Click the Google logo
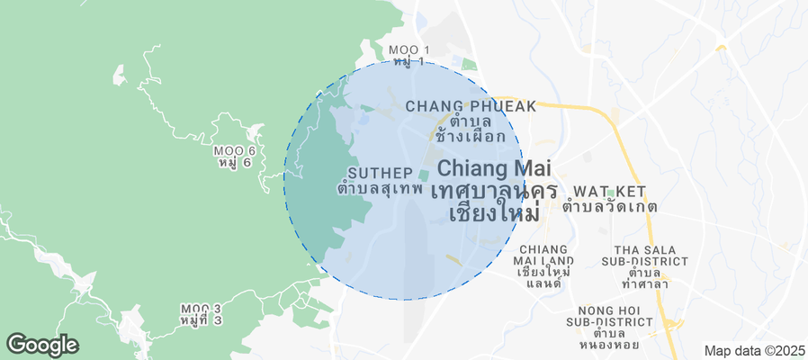(x=42, y=344)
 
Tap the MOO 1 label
(x=409, y=49)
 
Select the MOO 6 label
(x=234, y=149)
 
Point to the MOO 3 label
(x=201, y=308)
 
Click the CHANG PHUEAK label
(x=471, y=106)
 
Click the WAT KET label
(x=609, y=192)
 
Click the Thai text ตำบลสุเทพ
(x=380, y=189)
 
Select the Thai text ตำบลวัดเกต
(x=609, y=207)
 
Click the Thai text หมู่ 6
(x=234, y=164)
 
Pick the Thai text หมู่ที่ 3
(x=201, y=321)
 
